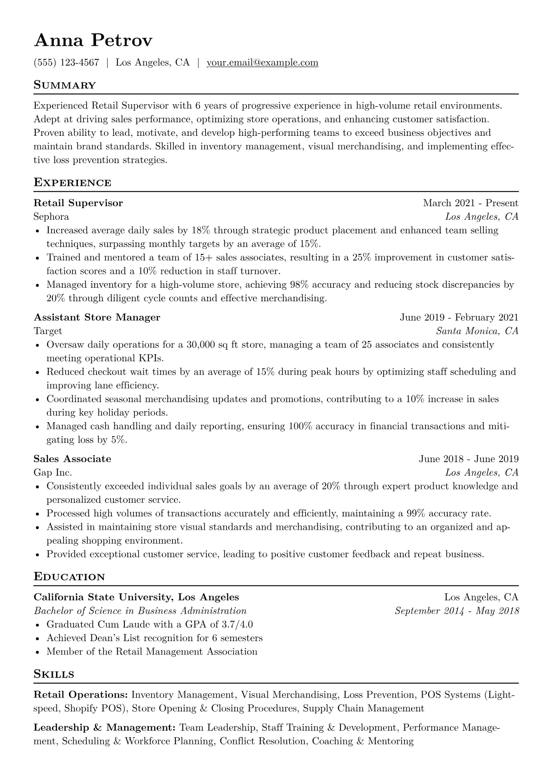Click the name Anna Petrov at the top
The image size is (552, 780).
(x=93, y=41)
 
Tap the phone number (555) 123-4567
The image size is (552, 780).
(x=66, y=63)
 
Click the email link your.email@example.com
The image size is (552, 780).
(x=262, y=63)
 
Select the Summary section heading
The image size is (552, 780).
(x=64, y=85)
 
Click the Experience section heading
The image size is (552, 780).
(x=72, y=183)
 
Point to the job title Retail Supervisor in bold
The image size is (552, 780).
(x=78, y=203)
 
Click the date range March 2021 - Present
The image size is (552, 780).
(x=470, y=203)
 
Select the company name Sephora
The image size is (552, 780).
(x=51, y=216)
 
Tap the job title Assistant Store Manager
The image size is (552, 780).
(x=96, y=317)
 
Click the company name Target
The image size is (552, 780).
(x=48, y=331)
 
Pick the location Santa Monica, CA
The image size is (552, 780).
(x=477, y=331)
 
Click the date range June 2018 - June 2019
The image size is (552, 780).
(x=469, y=459)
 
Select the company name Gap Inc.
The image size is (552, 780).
(x=52, y=473)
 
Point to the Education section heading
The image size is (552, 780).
(x=69, y=577)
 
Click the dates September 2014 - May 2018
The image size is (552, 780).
(x=456, y=611)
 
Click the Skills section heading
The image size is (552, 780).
(x=54, y=674)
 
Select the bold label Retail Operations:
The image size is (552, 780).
(x=81, y=695)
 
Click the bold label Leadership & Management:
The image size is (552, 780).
(x=104, y=728)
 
